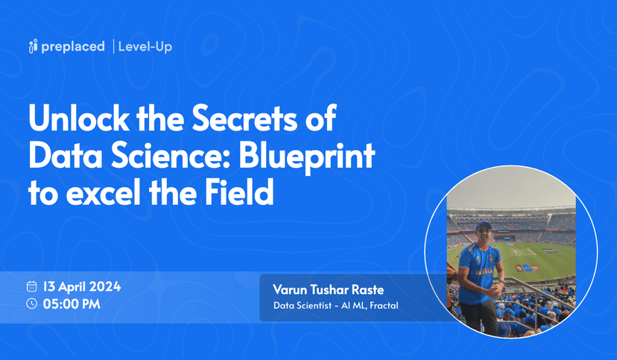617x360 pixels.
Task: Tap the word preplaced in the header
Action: point(72,47)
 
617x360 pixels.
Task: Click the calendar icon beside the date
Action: point(32,286)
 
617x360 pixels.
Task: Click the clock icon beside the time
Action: point(32,303)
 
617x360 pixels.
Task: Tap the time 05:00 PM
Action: point(72,303)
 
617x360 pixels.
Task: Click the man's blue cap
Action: point(484,226)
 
